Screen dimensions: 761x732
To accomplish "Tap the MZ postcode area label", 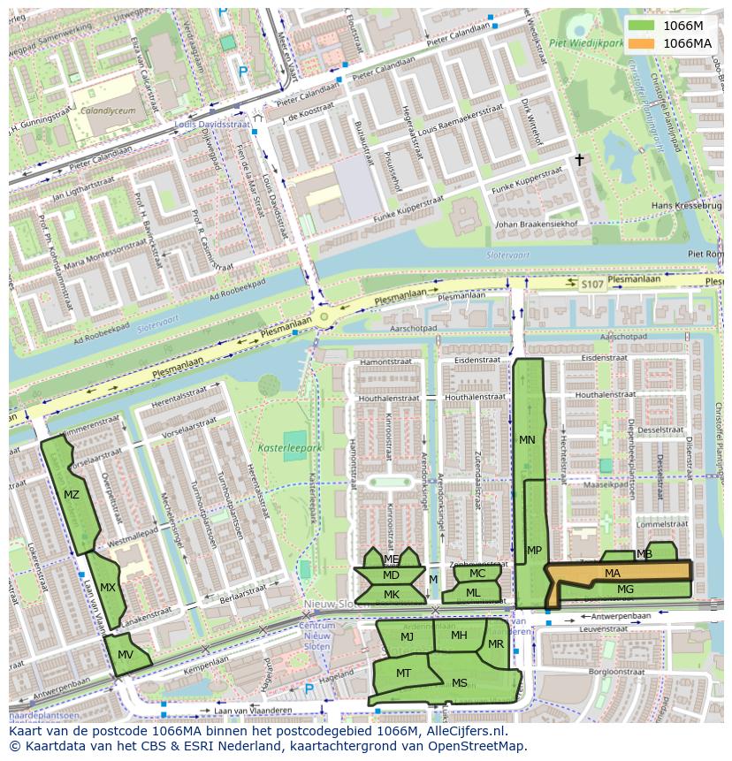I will click(72, 494).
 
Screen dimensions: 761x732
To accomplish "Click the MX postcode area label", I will click(108, 587).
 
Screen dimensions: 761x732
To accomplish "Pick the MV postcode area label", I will click(126, 654).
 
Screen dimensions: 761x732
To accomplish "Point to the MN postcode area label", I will click(527, 439).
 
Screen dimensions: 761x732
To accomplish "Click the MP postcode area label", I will click(534, 550).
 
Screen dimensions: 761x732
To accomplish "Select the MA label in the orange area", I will click(613, 573).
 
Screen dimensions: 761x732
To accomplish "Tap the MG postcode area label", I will click(625, 589).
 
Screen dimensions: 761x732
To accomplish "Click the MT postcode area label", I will click(403, 673).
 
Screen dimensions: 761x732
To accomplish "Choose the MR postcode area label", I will click(495, 643).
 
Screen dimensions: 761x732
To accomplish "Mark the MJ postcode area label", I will click(407, 636).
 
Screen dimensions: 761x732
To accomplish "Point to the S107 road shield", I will click(591, 284).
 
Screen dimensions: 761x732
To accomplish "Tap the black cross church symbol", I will click(580, 160).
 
